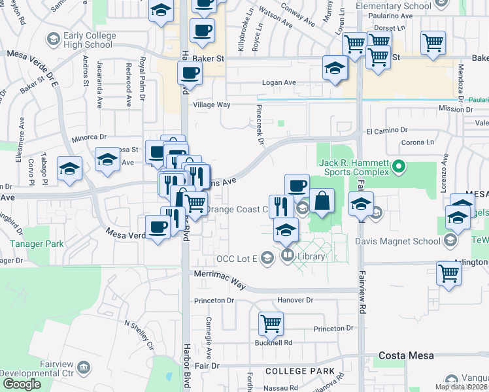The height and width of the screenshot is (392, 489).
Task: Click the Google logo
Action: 21,384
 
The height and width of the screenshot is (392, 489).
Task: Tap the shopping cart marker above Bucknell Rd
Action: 271,323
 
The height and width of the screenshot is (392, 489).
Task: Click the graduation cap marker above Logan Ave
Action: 335,68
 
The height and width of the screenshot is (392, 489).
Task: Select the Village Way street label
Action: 211,105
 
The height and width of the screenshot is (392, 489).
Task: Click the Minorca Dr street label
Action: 89,137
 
